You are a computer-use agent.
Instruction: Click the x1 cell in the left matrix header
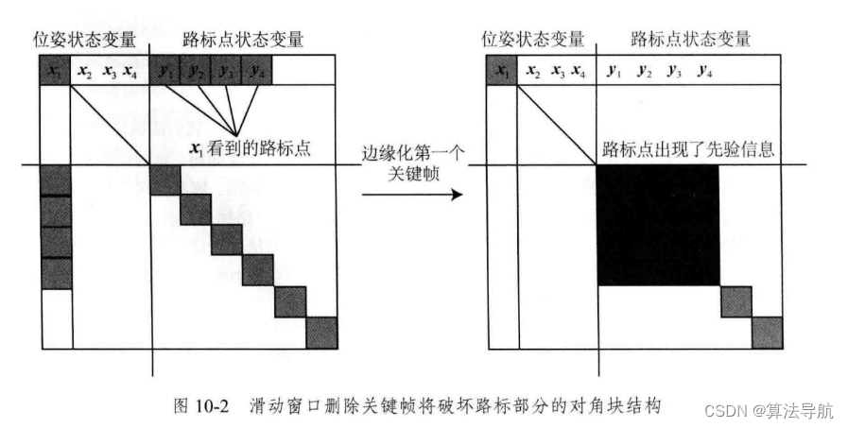pyautogui.click(x=56, y=71)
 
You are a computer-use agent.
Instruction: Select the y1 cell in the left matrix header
pyautogui.click(x=166, y=71)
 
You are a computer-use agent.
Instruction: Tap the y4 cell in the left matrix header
pyautogui.click(x=258, y=71)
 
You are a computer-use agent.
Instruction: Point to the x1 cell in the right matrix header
pyautogui.click(x=502, y=71)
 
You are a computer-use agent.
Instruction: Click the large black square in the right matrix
pyautogui.click(x=658, y=225)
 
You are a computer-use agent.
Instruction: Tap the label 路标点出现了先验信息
pyautogui.click(x=689, y=148)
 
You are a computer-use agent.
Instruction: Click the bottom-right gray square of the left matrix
pyautogui.click(x=321, y=333)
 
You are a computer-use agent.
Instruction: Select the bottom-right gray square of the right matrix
pyautogui.click(x=767, y=333)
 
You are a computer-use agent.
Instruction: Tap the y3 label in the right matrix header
pyautogui.click(x=673, y=71)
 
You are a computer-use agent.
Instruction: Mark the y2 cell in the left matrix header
pyautogui.click(x=197, y=71)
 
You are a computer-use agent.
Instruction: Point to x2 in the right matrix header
pyautogui.click(x=532, y=71)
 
